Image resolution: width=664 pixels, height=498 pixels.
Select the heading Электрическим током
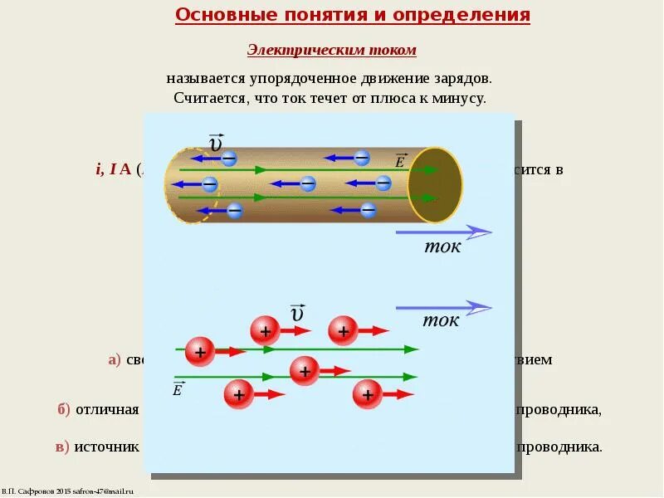tap(331, 51)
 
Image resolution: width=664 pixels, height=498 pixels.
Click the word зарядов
tap(462, 79)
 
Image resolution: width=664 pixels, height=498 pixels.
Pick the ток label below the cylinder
tap(442, 247)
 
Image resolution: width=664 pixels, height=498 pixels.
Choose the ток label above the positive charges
tap(440, 321)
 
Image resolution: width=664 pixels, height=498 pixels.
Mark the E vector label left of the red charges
tap(178, 388)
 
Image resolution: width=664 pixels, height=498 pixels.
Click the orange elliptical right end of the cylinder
tap(435, 184)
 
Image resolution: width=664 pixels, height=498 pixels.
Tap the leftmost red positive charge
tap(200, 351)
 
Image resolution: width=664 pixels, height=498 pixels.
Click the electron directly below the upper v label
tap(228, 158)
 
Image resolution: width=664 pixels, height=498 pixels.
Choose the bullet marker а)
tap(114, 360)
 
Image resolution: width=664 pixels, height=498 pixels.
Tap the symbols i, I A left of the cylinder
tap(114, 169)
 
